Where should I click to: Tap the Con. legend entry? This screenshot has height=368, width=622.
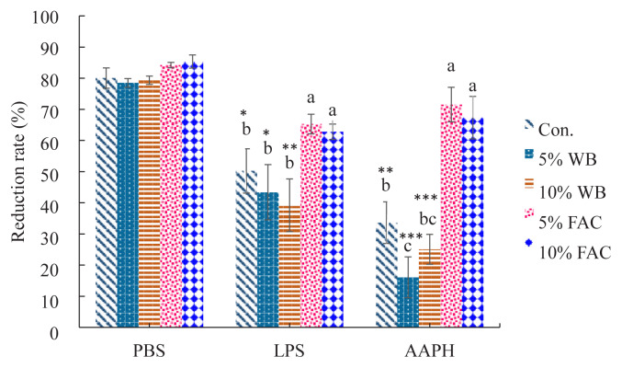click(560, 127)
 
